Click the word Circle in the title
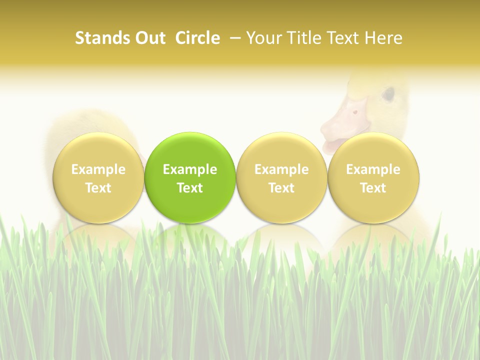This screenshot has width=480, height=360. pos(197,38)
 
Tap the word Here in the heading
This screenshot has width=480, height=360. pos(383,38)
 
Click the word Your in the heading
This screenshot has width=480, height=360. pos(263,38)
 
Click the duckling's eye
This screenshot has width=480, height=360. pos(388,93)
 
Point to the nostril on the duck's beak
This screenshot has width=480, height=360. pos(355,112)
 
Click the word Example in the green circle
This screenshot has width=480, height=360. pos(190,169)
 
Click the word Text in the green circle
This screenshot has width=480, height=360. pos(190,188)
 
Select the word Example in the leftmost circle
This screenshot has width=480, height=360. pos(98,169)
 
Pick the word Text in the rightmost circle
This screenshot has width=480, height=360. pos(373,188)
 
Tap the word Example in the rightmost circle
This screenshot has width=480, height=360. pos(373,169)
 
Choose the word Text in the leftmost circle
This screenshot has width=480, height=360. pos(98,188)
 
